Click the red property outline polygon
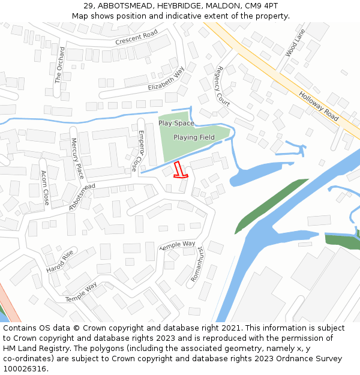(x=179, y=170)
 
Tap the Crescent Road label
(x=136, y=38)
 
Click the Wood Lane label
(x=295, y=43)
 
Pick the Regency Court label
(x=223, y=86)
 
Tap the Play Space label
(x=176, y=123)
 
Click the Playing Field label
(x=194, y=137)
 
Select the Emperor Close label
(x=138, y=151)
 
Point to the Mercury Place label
(x=78, y=158)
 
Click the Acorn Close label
(x=44, y=188)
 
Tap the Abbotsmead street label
(x=82, y=197)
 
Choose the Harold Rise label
(x=60, y=261)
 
